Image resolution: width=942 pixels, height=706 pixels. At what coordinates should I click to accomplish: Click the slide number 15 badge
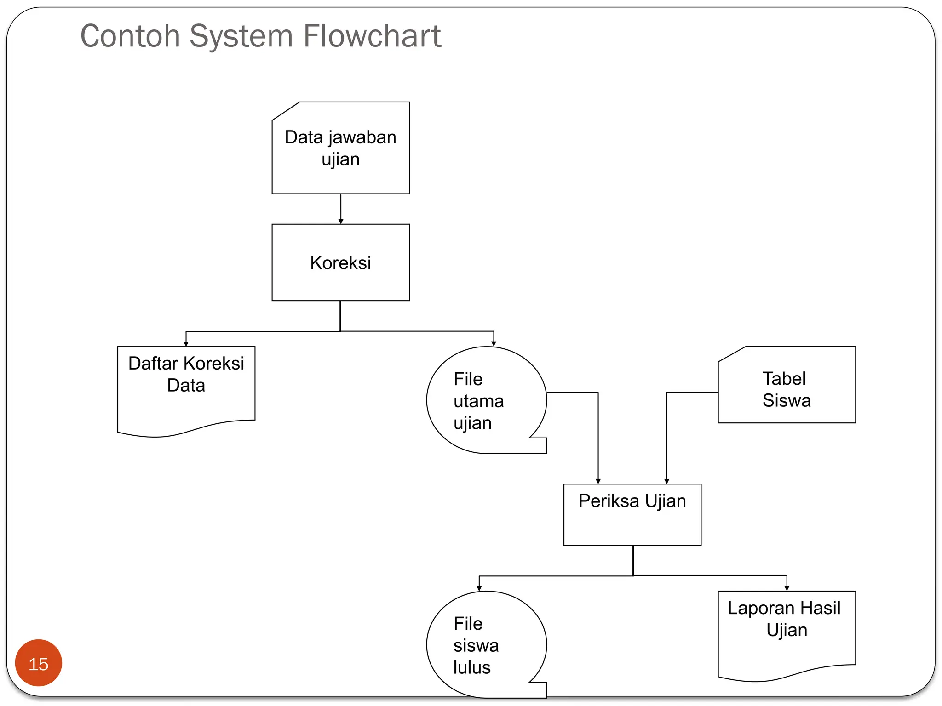pyautogui.click(x=39, y=663)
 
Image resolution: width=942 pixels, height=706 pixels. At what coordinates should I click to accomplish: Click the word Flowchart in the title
pyautogui.click(x=372, y=36)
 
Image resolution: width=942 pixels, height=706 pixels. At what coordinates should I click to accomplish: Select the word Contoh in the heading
pyautogui.click(x=130, y=36)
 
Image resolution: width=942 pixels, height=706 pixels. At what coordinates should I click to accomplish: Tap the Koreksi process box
pyautogui.click(x=340, y=262)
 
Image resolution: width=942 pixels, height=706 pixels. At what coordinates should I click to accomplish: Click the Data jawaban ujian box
pyautogui.click(x=340, y=148)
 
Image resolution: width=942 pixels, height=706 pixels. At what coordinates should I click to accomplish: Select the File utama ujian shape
pyautogui.click(x=487, y=400)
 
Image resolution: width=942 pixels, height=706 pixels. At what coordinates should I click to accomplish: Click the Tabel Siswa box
pyautogui.click(x=787, y=385)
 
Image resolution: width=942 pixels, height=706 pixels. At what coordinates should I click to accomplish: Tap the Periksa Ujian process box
pyautogui.click(x=632, y=514)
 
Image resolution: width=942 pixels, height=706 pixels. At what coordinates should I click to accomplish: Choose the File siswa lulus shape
pyautogui.click(x=487, y=644)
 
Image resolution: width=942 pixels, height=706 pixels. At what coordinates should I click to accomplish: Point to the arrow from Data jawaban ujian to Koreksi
pyautogui.click(x=341, y=209)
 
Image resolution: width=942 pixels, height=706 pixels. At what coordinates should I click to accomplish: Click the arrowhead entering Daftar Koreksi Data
pyautogui.click(x=186, y=344)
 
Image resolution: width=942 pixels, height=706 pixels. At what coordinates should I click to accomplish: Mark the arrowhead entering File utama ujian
pyautogui.click(x=494, y=344)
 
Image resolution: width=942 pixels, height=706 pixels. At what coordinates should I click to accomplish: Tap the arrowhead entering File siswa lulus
pyautogui.click(x=479, y=588)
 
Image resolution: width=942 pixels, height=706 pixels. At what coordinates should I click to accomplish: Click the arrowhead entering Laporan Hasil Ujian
pyautogui.click(x=787, y=588)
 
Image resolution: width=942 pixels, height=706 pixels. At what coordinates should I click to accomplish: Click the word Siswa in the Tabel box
pyautogui.click(x=787, y=400)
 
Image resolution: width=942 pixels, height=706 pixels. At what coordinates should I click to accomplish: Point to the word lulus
pyautogui.click(x=472, y=667)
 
